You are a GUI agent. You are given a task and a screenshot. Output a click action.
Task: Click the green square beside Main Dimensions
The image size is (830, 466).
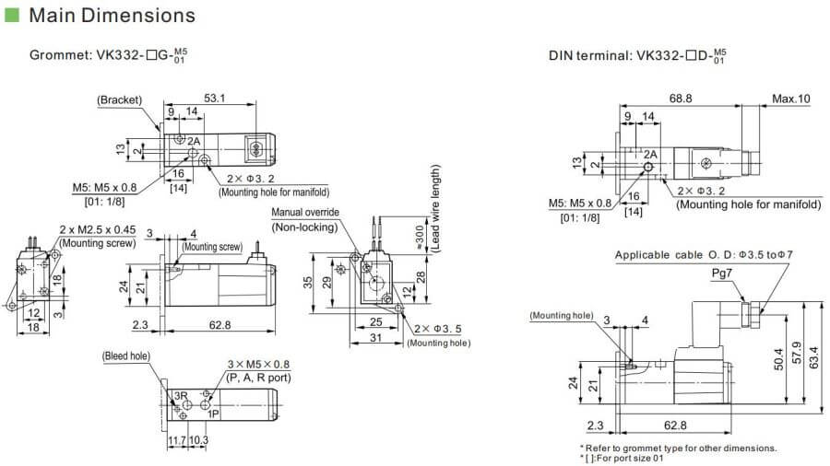click(x=12, y=16)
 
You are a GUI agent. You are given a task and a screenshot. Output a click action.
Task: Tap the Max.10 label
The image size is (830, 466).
click(x=791, y=99)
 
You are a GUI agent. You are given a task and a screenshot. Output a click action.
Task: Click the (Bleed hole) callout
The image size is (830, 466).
click(x=126, y=355)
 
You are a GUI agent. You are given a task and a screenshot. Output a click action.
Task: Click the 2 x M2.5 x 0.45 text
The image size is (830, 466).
click(x=97, y=229)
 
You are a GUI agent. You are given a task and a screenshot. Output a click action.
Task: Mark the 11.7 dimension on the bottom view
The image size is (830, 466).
click(x=176, y=441)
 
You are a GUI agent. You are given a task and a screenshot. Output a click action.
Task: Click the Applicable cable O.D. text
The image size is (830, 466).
click(x=682, y=255)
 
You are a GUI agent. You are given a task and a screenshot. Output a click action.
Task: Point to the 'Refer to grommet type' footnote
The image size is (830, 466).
click(x=677, y=448)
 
